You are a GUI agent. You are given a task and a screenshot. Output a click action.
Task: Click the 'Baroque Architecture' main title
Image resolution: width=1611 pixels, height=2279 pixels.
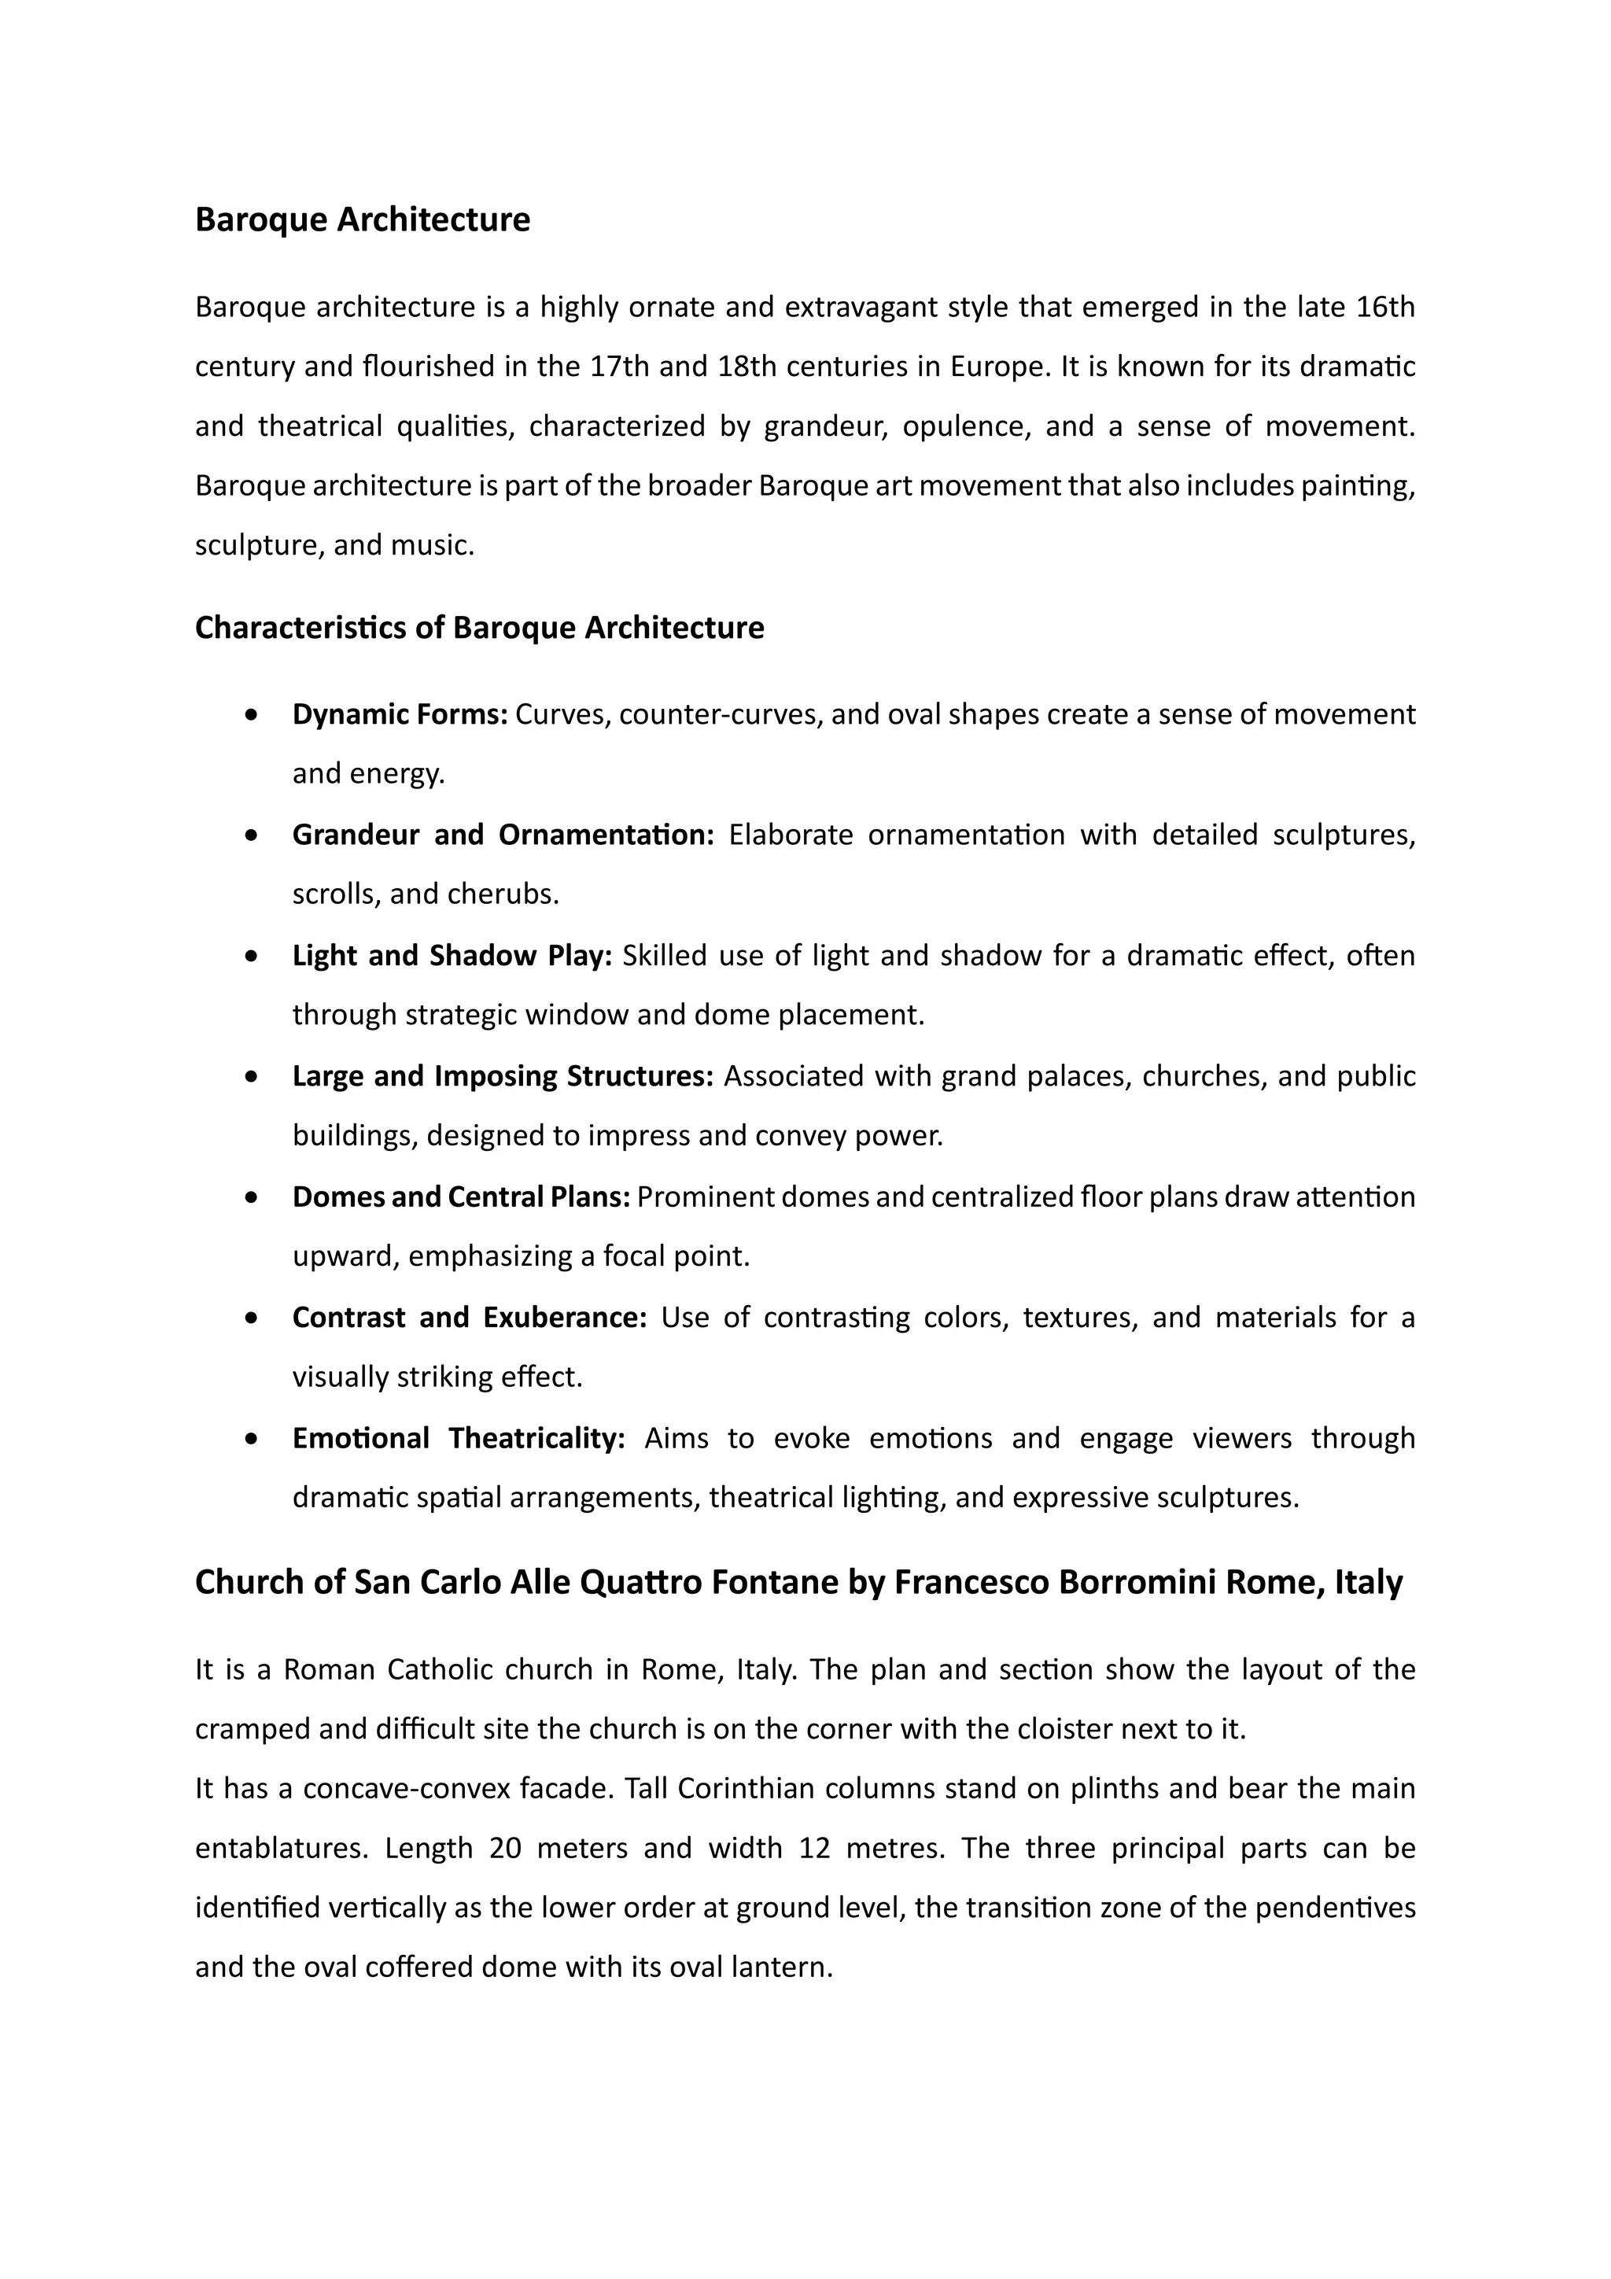[363, 219]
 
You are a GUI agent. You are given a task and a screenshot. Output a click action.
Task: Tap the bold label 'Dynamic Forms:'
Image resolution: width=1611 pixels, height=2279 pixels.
[400, 714]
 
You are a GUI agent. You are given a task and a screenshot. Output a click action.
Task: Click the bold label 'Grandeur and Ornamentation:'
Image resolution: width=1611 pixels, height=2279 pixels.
[503, 835]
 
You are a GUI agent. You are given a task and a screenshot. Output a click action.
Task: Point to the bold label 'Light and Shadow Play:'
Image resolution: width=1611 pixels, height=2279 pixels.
[452, 956]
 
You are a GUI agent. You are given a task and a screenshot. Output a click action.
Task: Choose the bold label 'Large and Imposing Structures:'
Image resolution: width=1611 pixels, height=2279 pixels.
[503, 1076]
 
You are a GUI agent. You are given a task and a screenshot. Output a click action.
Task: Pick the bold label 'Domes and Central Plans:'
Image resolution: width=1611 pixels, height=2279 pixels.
[461, 1197]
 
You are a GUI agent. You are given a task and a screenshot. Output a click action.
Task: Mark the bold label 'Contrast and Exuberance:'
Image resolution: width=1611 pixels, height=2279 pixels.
[469, 1318]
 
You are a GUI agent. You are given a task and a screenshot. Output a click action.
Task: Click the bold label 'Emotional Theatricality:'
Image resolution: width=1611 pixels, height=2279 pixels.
[458, 1438]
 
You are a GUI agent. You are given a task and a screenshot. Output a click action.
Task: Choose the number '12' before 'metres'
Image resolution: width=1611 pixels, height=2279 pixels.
[814, 1848]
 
